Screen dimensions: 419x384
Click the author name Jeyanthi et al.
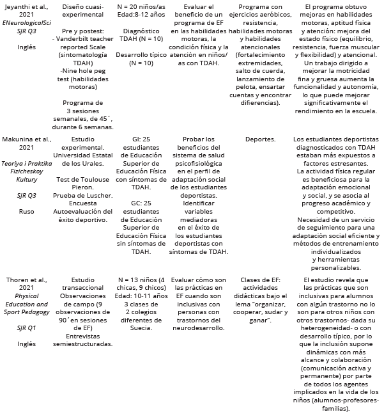26,6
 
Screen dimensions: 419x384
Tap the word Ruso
26,211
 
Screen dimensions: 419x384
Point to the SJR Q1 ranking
26,327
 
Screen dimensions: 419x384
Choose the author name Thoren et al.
26,280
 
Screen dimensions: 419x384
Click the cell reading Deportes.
260,139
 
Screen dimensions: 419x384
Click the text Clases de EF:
260,280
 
